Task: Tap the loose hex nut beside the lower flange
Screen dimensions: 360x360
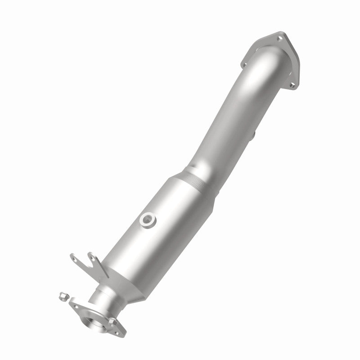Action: [x=63, y=297]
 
